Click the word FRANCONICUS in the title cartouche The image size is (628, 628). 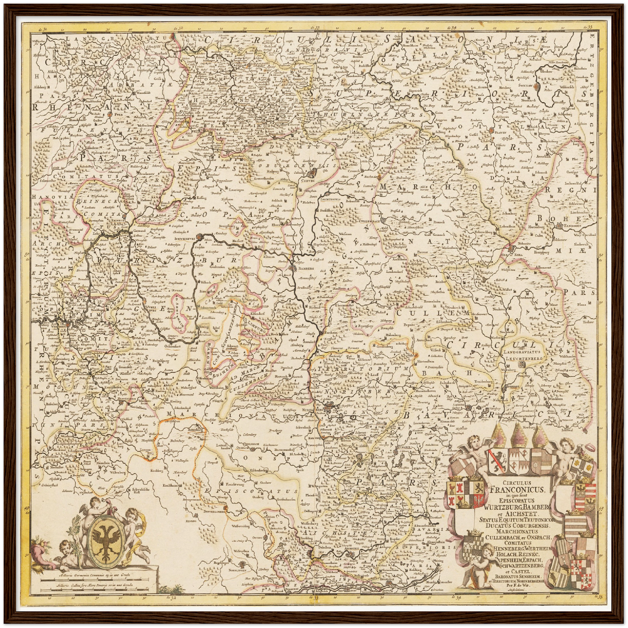pyautogui.click(x=517, y=489)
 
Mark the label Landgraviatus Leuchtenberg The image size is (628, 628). pyautogui.click(x=525, y=355)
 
